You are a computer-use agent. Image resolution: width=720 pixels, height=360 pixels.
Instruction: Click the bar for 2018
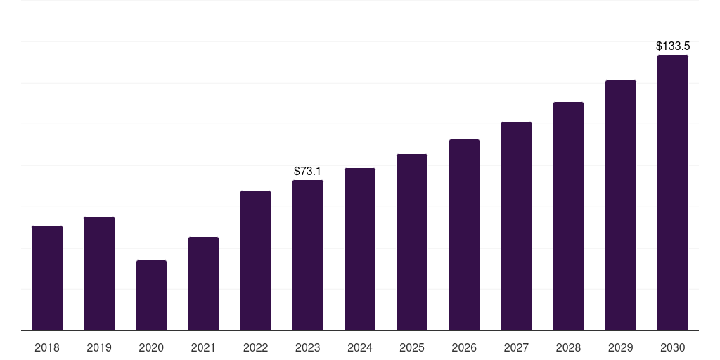[x=47, y=278]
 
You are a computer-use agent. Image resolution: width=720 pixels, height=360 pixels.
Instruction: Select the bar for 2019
[x=99, y=274]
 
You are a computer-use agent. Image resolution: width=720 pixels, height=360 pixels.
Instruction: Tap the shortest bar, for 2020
[x=152, y=295]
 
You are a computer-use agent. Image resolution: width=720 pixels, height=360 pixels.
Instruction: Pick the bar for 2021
[x=203, y=284]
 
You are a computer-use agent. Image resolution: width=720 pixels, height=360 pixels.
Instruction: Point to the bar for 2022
[x=255, y=260]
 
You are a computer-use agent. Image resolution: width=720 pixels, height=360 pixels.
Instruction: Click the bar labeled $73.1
[x=308, y=255]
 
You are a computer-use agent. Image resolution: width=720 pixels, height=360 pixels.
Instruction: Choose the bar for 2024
[x=360, y=250]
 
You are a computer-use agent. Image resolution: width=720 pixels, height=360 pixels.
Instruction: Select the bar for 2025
[x=412, y=243]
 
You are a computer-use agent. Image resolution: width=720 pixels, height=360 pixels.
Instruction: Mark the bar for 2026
[x=464, y=235]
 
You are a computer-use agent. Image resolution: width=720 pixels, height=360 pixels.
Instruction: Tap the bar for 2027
[x=516, y=226]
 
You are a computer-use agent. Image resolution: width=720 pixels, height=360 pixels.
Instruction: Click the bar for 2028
[x=568, y=217]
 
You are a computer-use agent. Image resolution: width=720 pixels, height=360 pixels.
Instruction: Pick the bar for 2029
[x=621, y=205]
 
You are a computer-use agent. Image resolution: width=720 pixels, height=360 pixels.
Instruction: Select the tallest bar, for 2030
[x=673, y=193]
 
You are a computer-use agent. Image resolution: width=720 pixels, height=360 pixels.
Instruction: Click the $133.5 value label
[x=673, y=46]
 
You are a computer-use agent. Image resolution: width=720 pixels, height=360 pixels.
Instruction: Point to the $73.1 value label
[x=308, y=172]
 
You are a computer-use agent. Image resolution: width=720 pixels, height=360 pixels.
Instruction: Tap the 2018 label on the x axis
[x=47, y=347]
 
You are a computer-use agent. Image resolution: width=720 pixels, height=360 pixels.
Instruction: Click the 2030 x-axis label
[x=673, y=347]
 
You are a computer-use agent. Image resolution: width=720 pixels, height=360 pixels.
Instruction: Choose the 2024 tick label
[x=360, y=347]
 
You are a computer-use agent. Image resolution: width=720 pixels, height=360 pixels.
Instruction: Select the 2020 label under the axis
[x=152, y=347]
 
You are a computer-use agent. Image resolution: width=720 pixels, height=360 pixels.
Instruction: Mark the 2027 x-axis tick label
[x=516, y=347]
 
